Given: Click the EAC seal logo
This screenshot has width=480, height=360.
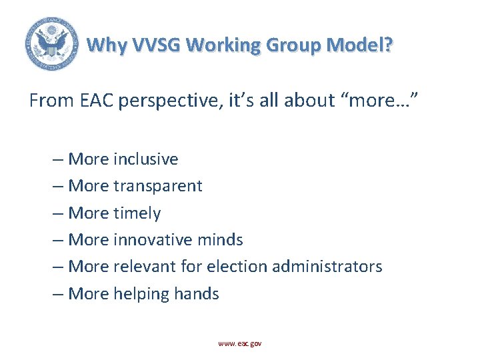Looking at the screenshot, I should coord(51,43).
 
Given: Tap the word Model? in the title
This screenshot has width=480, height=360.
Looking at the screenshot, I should coord(359,45).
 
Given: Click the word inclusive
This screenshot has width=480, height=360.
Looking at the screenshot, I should coord(145,159).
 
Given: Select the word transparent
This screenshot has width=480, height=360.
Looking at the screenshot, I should coord(157,186).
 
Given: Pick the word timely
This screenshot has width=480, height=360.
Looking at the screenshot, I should coord(137,213).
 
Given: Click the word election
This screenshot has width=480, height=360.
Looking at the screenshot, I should coord(233,267).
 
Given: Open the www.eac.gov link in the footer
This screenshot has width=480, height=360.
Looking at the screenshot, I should coord(240,343).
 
